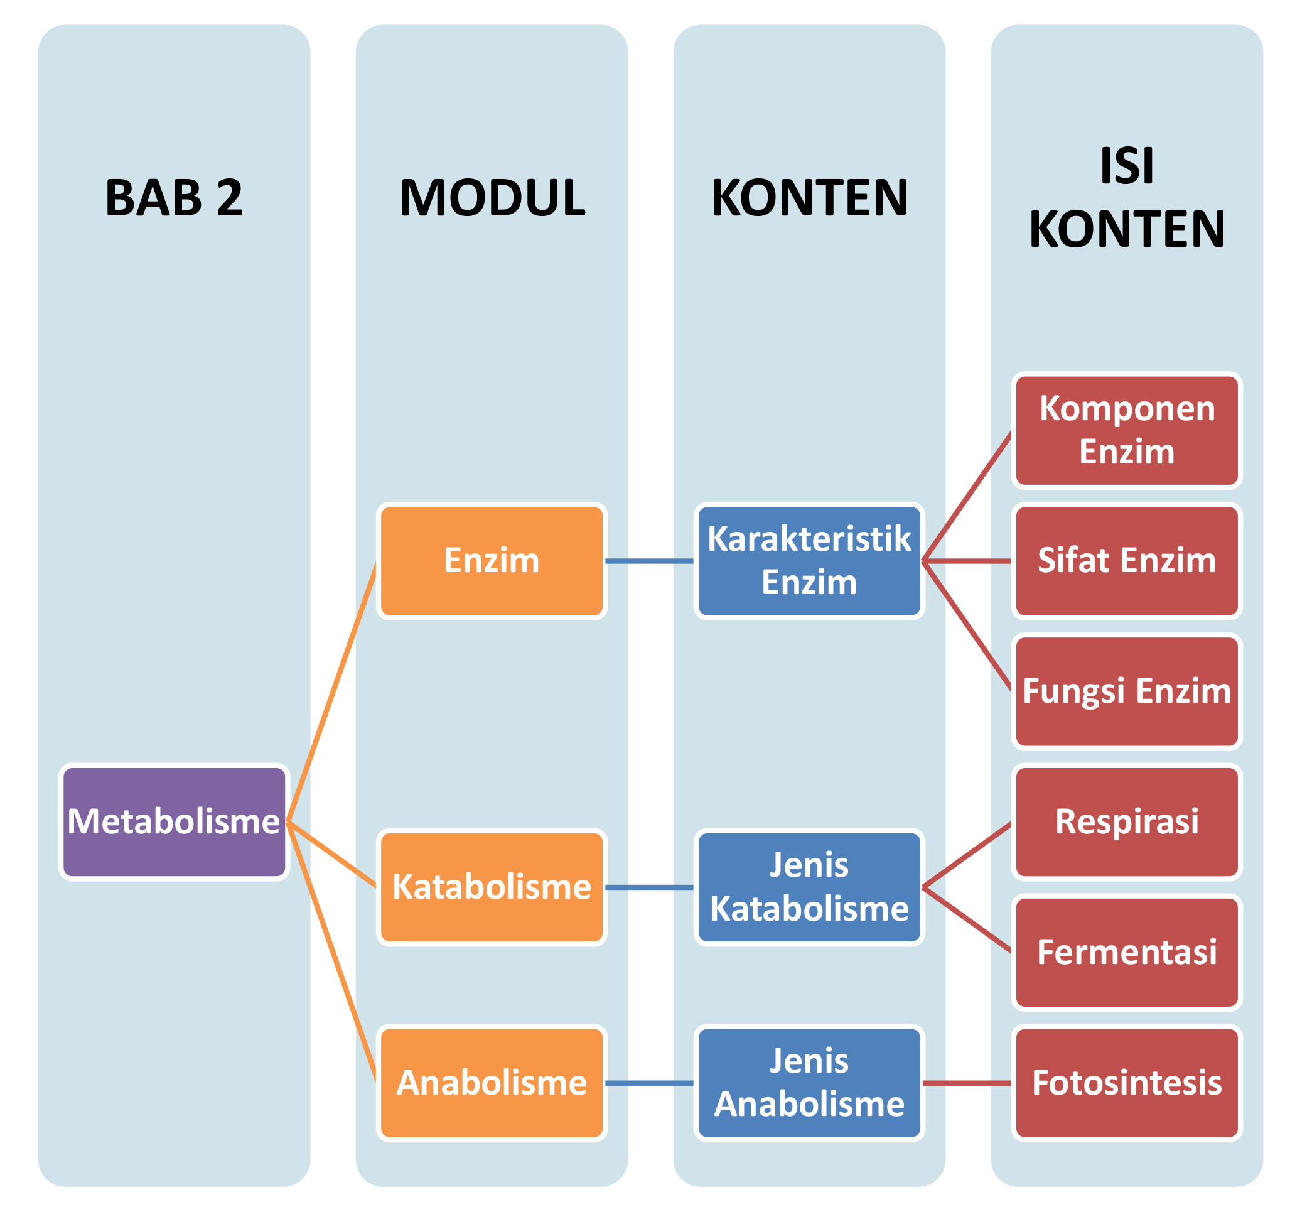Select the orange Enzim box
coord(492,561)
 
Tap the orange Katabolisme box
coord(492,887)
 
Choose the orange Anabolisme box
coord(492,1083)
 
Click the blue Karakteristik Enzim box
coord(809,561)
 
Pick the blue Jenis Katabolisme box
coord(809,887)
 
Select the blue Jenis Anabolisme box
coord(809,1083)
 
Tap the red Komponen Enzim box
coord(1127,430)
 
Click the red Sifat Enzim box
coord(1127,561)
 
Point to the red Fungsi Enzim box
coord(1127,692)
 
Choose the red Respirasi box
coord(1127,822)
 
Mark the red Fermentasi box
coord(1127,953)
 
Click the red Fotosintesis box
coord(1127,1083)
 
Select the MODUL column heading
coord(492,198)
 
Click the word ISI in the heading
coord(1127,166)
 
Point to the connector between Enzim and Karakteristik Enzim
coord(649,561)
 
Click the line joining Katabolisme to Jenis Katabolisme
coord(649,887)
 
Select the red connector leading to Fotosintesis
coord(967,1083)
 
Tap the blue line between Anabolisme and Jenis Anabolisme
coord(649,1083)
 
